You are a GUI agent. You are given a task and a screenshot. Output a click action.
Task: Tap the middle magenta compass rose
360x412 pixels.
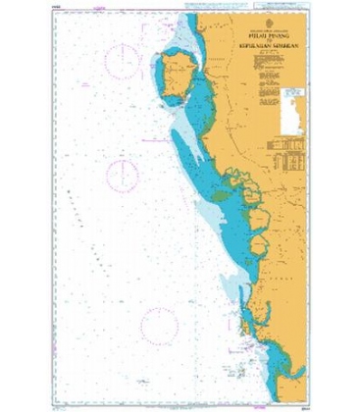[122, 176]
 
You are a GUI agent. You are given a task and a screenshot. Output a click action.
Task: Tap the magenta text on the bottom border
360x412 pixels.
[177, 401]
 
